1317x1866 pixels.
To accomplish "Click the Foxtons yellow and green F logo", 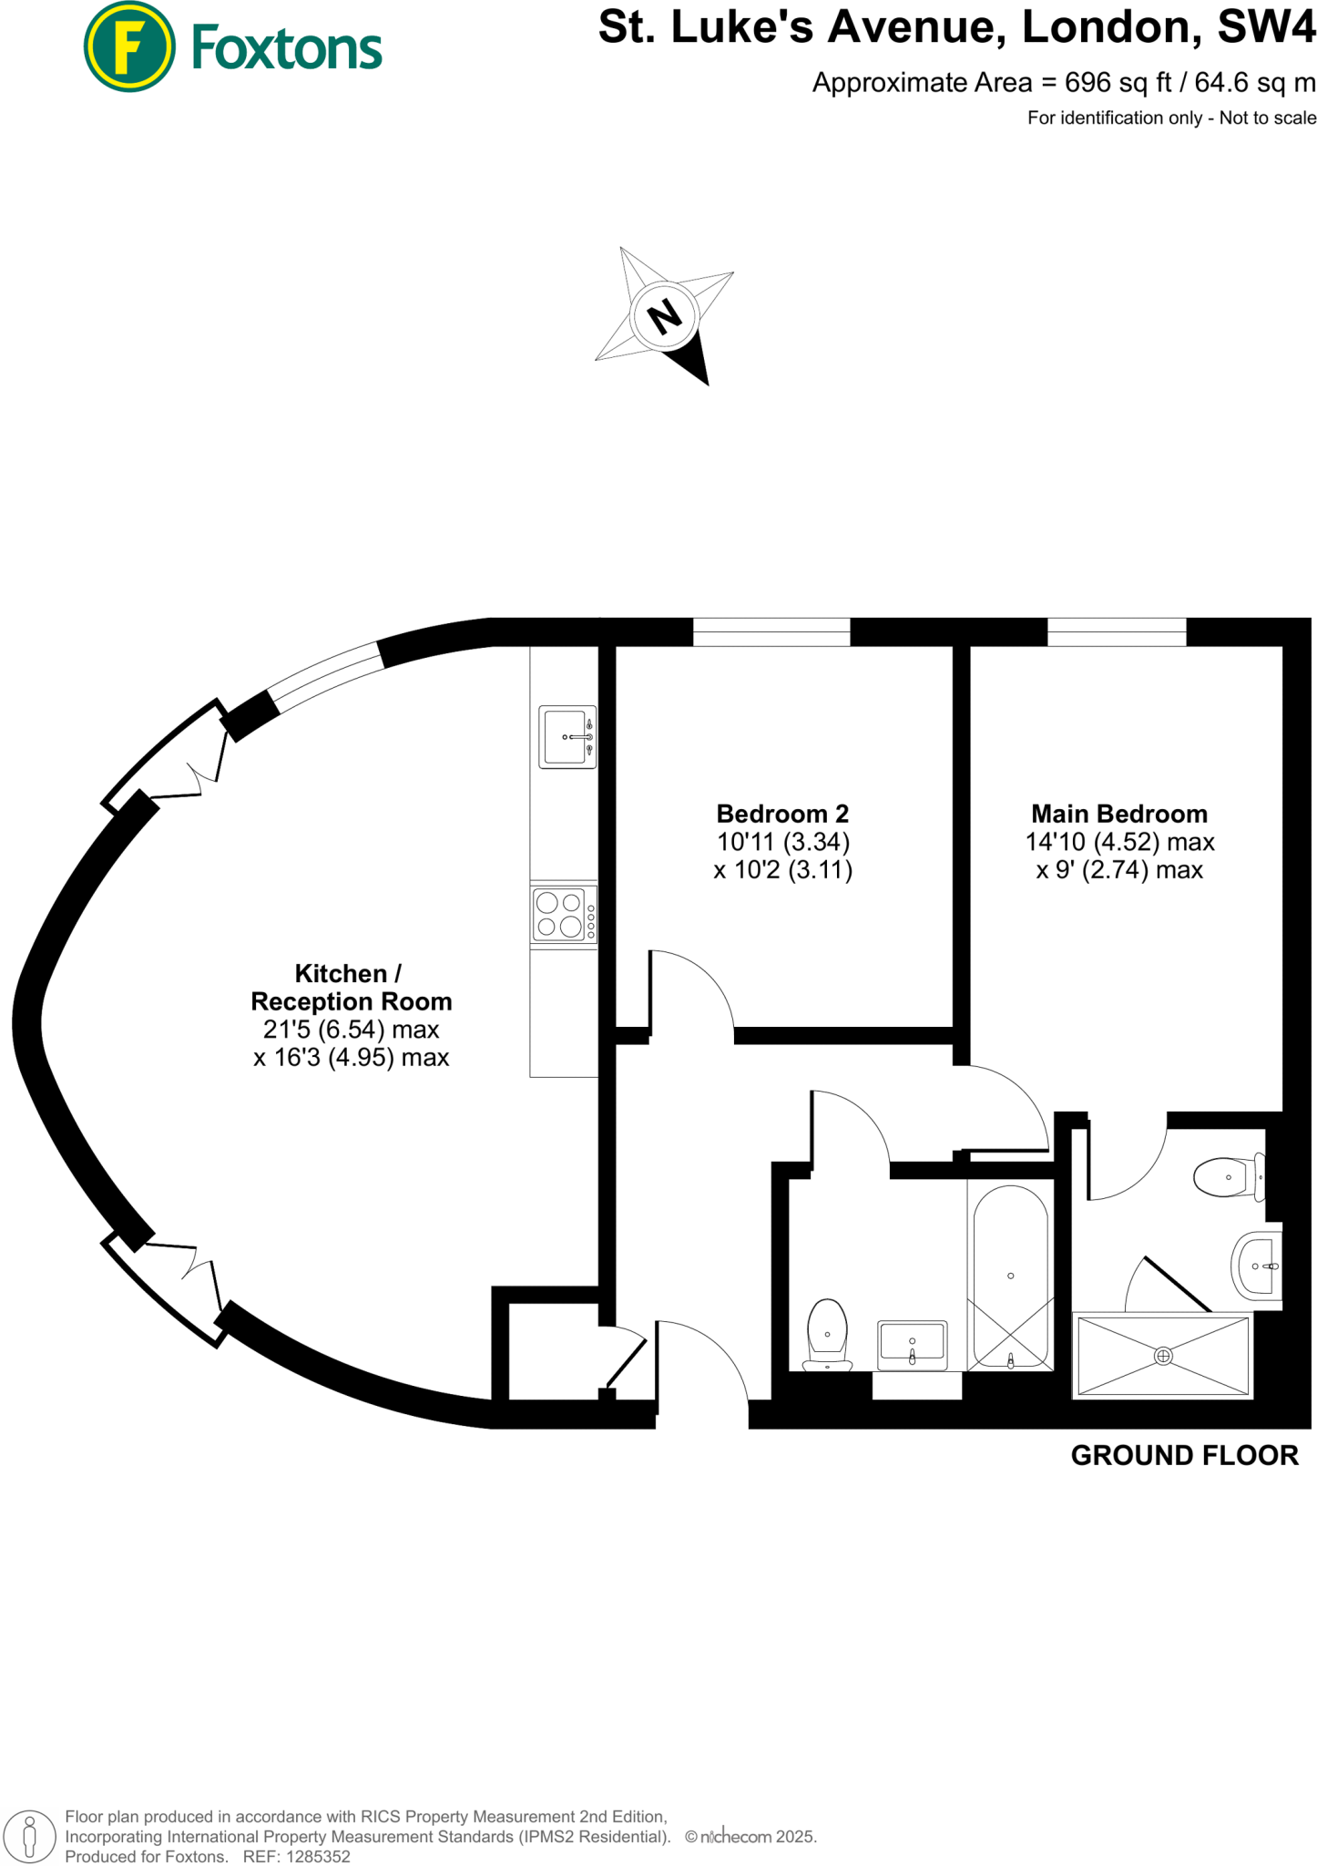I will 129,46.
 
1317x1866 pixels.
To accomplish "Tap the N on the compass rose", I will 664,316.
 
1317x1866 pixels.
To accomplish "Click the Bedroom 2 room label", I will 782,814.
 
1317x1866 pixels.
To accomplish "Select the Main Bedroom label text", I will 1118,814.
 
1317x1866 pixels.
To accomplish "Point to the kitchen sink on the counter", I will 566,736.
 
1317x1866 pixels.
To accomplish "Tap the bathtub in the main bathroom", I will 1010,1276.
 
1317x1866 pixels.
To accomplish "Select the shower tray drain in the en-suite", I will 1163,1356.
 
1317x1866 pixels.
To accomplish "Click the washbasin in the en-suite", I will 1258,1266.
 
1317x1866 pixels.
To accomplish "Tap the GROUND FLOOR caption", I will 1184,1456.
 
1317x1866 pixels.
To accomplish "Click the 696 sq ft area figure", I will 1118,83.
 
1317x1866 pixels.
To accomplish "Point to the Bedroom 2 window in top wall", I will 771,631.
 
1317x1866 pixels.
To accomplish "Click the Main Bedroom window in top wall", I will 1117,631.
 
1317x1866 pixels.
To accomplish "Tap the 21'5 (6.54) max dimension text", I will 351,1030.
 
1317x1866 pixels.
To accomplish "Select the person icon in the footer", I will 30,1834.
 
